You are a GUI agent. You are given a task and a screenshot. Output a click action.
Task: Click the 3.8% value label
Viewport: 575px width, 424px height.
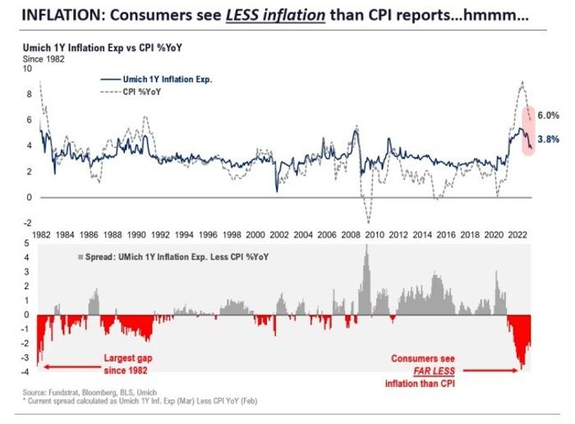548,141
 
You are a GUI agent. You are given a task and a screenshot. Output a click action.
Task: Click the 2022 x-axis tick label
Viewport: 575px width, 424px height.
520,233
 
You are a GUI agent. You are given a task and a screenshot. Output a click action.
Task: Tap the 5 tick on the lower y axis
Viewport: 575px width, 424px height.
29,243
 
